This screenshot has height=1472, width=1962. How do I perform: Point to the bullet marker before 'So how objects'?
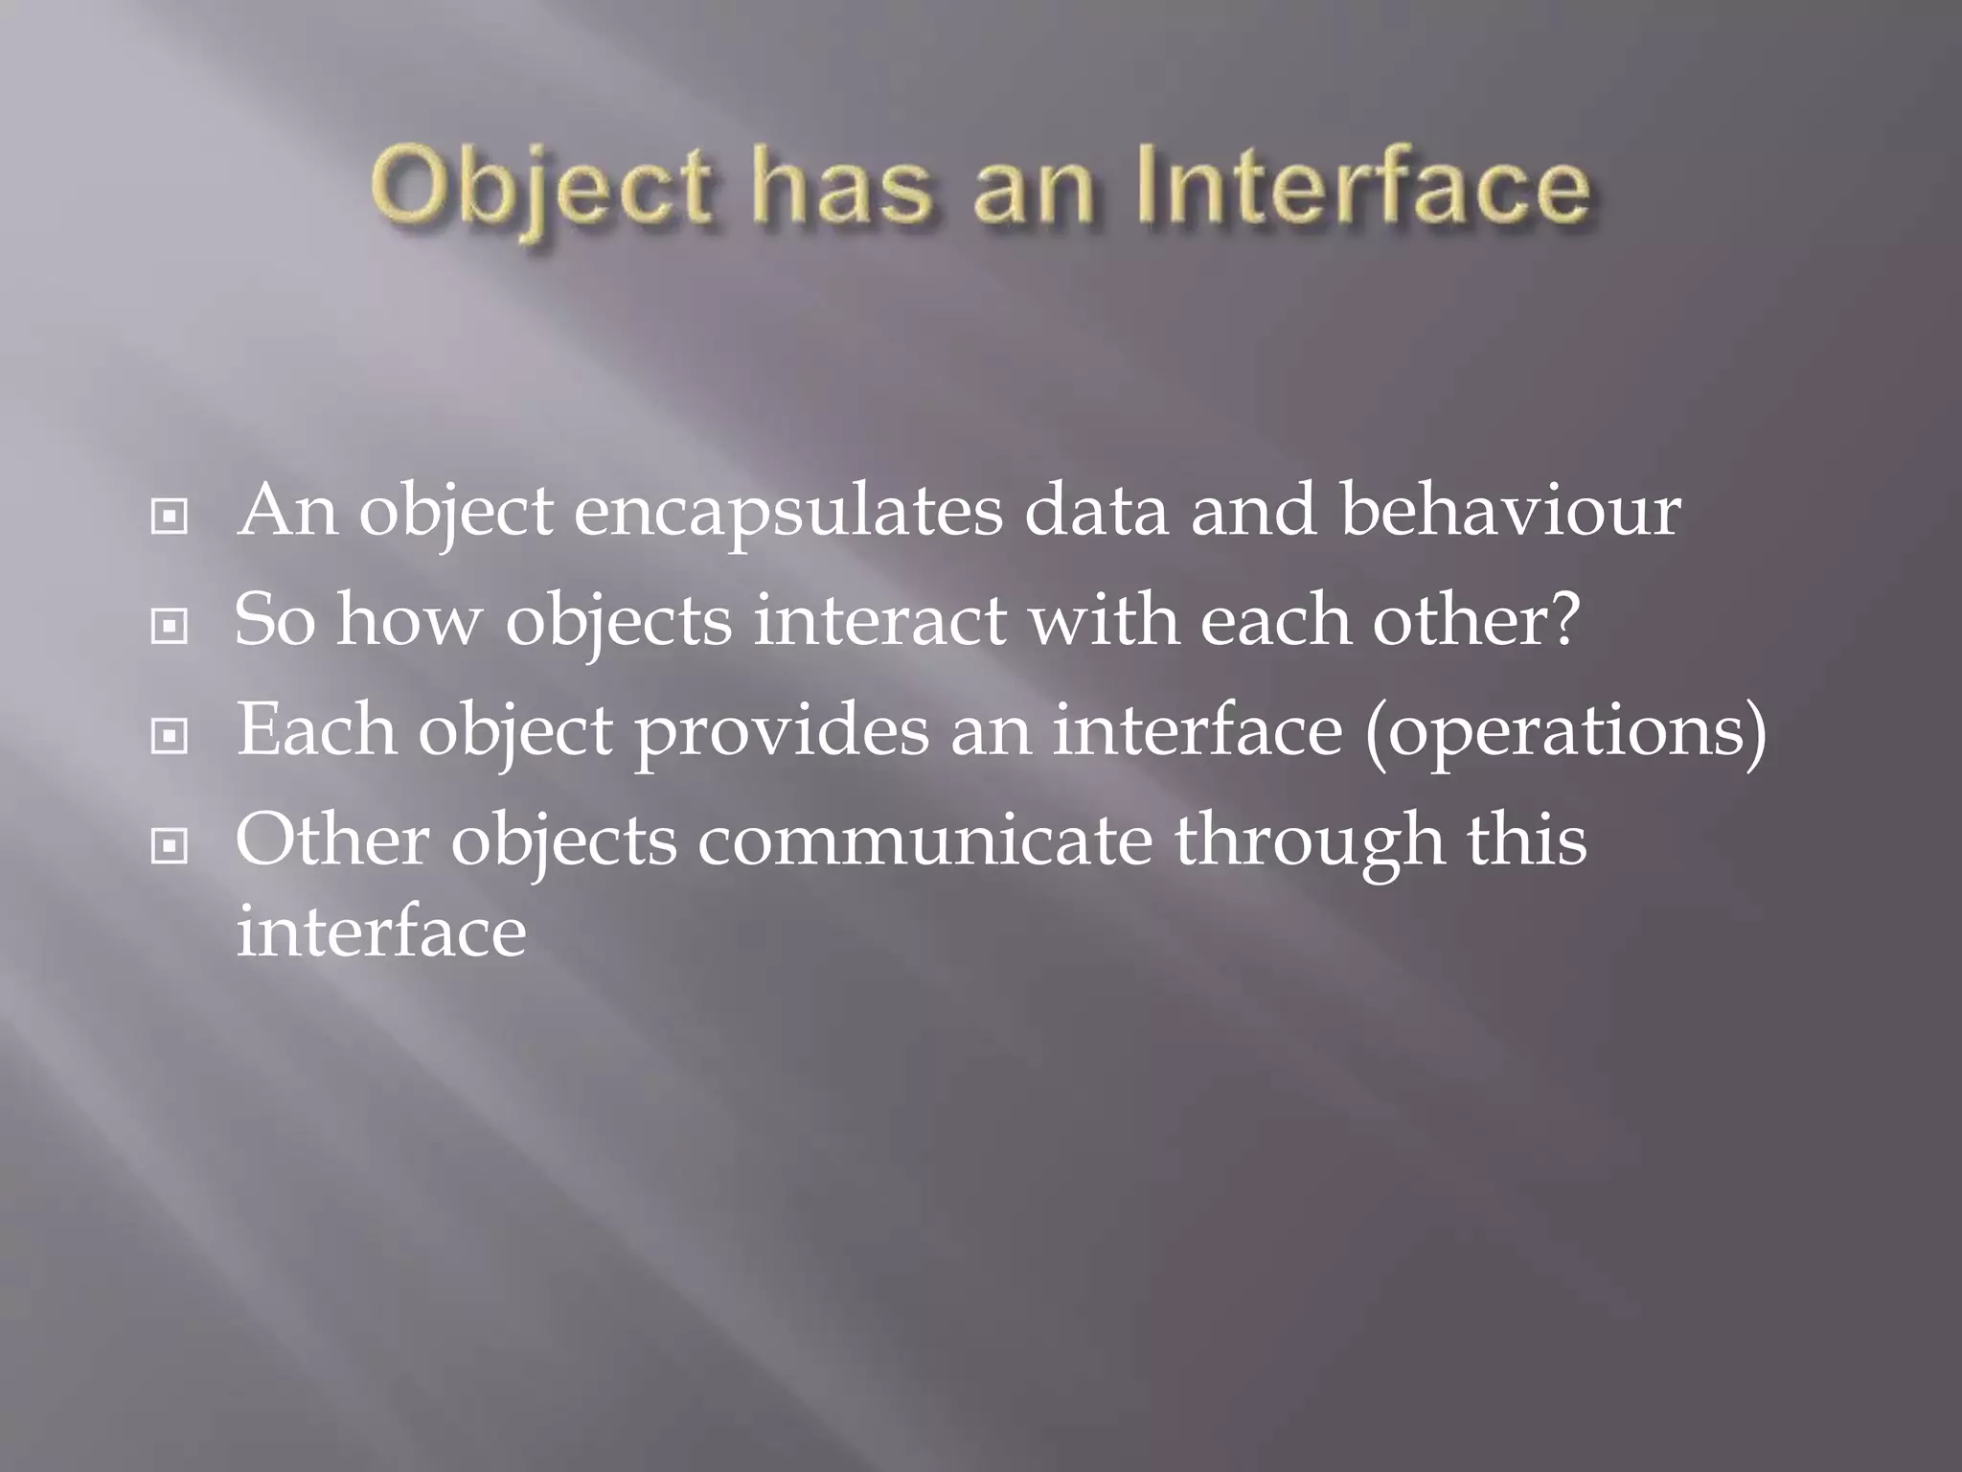[x=170, y=627]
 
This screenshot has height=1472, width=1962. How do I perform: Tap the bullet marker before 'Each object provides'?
[x=170, y=736]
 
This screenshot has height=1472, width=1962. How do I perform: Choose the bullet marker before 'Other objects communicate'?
[x=170, y=845]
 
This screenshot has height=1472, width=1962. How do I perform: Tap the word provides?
[x=782, y=732]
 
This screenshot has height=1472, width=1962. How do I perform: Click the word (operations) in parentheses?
[x=1565, y=732]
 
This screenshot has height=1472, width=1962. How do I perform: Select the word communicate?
[x=924, y=839]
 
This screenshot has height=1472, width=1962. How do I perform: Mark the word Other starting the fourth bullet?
[x=331, y=839]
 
